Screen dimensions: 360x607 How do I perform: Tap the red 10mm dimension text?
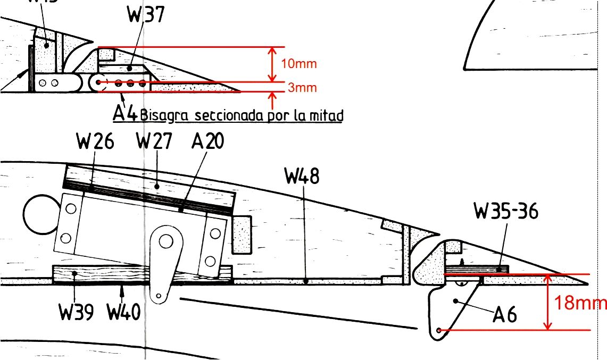[298, 64]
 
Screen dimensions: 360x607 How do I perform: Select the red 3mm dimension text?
[302, 88]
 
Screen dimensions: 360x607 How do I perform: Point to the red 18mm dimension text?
[580, 303]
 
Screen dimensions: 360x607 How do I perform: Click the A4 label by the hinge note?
[126, 113]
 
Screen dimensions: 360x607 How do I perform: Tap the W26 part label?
[95, 142]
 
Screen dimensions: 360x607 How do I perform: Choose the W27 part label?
[155, 142]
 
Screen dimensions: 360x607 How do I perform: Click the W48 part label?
[302, 175]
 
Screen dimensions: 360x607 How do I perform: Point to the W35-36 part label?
[505, 212]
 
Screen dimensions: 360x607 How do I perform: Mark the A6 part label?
[504, 315]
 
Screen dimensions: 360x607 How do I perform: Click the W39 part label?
[76, 312]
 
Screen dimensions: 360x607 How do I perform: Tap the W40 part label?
[123, 312]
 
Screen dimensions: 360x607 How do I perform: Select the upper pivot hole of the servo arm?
[164, 242]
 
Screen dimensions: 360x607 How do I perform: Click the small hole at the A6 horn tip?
[438, 331]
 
